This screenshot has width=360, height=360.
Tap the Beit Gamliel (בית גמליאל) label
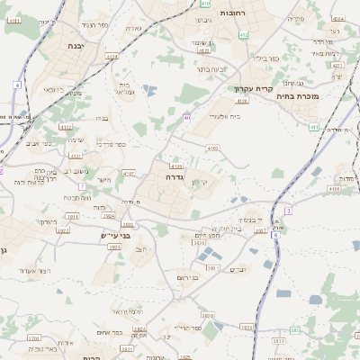(x=125, y=88)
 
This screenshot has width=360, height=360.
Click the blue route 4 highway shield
(x=16, y=84)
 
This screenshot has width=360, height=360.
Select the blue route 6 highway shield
(x=288, y=210)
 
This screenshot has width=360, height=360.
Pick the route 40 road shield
(x=186, y=118)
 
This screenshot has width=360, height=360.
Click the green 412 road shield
(x=243, y=35)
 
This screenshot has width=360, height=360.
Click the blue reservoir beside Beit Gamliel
(x=149, y=90)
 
